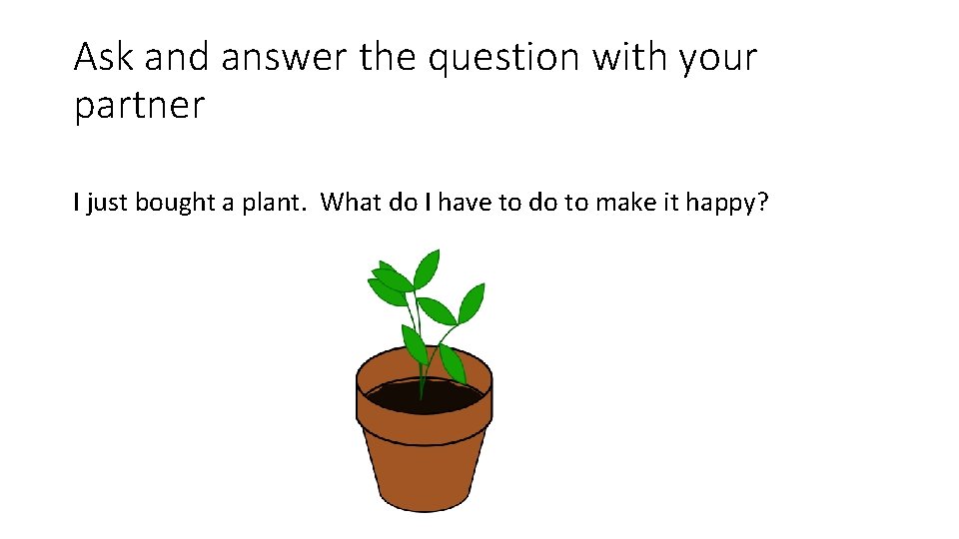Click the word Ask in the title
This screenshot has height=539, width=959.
click(104, 58)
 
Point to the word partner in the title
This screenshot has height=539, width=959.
click(139, 105)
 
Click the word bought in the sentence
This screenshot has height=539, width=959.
click(175, 204)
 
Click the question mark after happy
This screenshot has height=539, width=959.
click(762, 204)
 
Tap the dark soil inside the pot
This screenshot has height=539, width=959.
click(424, 397)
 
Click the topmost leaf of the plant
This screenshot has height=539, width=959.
click(428, 268)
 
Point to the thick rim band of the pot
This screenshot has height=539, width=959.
click(424, 426)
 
